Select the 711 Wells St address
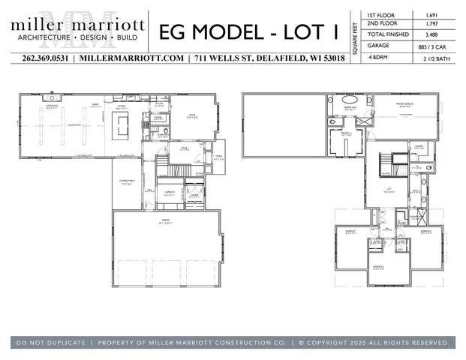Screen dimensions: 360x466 [x=269, y=58]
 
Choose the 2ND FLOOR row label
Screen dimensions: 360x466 [x=382, y=25]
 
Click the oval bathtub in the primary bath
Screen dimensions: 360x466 [x=350, y=100]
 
